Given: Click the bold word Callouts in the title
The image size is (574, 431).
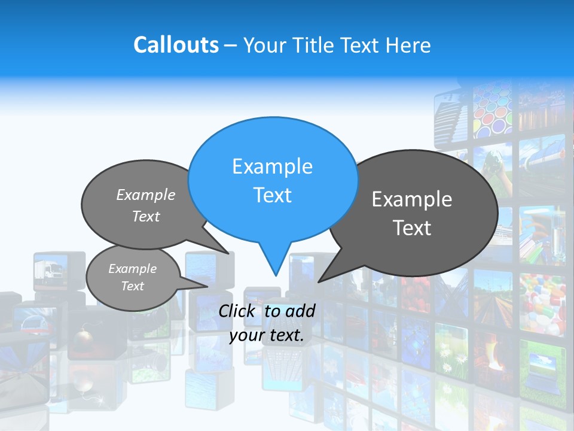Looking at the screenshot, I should coord(176,45).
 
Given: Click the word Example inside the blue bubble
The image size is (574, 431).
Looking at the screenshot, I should coord(272,166).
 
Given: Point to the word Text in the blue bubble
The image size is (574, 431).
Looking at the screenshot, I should coord(272,195).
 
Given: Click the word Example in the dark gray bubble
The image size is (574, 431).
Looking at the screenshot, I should coord(411,199).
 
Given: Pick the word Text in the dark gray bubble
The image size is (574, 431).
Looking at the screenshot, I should coord(413,228).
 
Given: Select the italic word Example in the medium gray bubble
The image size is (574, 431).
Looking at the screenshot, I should coord(145,195).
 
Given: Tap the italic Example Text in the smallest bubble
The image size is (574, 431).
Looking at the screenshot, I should coord(132,277).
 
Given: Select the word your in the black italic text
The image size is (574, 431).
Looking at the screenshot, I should coord(246,336).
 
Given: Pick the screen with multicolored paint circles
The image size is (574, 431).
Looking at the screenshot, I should coord(491,111).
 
